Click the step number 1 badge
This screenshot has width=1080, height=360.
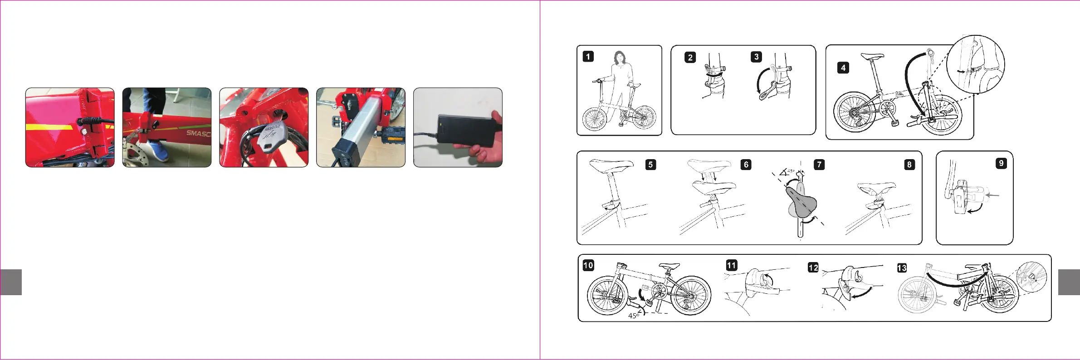click(588, 57)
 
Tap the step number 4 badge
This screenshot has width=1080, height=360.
click(843, 68)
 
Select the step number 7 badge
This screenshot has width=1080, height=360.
click(819, 165)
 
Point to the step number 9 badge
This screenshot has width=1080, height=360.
click(1001, 163)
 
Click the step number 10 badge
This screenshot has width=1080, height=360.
click(588, 265)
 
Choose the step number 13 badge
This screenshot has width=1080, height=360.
click(902, 268)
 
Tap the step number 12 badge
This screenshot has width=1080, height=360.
click(813, 268)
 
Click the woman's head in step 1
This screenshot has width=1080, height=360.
click(619, 58)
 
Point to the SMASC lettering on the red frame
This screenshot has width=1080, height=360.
click(199, 133)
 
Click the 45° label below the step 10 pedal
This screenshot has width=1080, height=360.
click(634, 316)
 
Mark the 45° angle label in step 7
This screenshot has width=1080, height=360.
click(791, 171)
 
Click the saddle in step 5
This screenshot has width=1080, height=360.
click(611, 165)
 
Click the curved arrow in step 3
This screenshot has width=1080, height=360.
click(760, 82)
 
